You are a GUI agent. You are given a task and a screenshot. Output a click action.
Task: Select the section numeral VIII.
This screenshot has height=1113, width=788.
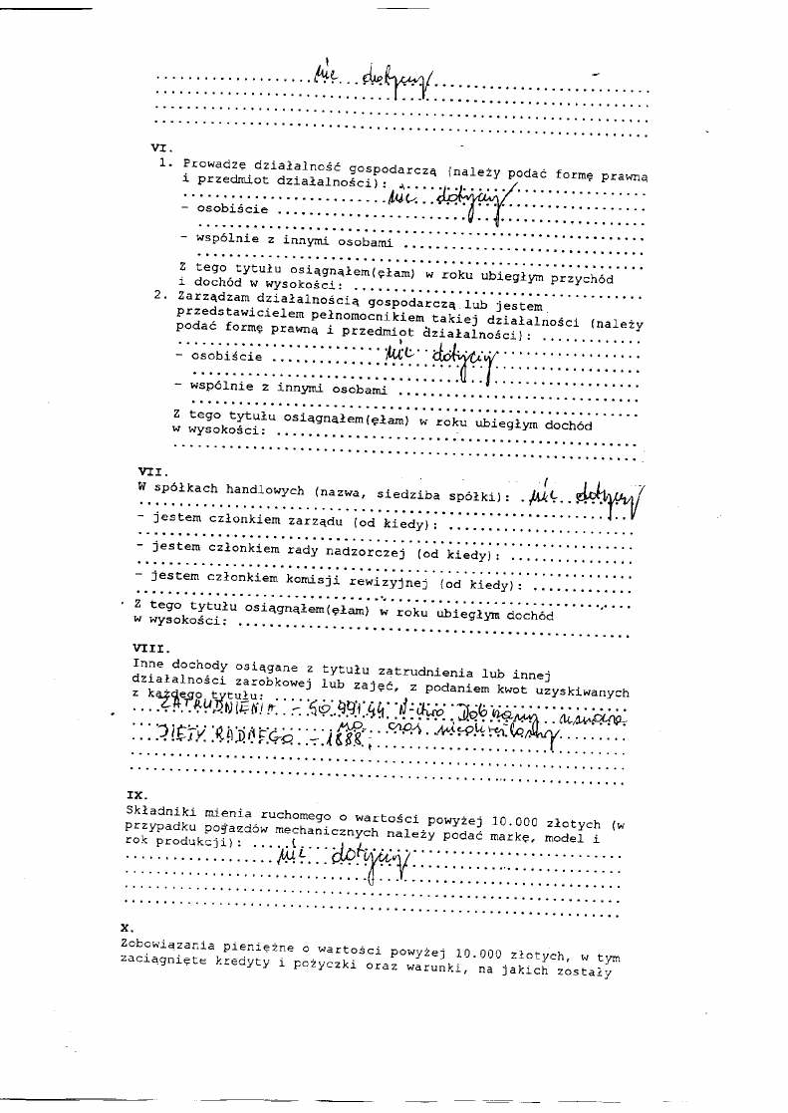[x=150, y=646]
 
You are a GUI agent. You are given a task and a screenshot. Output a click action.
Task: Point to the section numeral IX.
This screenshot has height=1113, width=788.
[x=136, y=794]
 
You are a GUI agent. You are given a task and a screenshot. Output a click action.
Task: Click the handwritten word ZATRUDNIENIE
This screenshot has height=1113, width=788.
[x=218, y=707]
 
